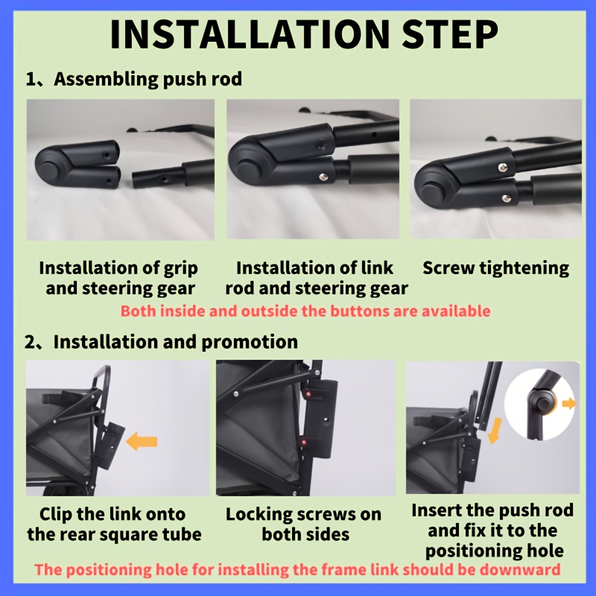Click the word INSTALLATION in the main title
tap(250, 34)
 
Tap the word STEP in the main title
tap(450, 34)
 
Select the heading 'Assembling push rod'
tap(148, 79)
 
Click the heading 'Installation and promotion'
tap(176, 342)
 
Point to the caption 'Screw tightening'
tap(496, 269)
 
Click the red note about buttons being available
tap(305, 311)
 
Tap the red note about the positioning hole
tap(297, 569)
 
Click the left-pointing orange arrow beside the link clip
tap(142, 441)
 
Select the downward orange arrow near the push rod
tap(494, 431)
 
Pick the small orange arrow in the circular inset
tap(569, 403)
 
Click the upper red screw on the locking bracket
tap(308, 394)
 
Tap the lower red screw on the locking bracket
tap(303, 443)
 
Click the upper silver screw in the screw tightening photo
tap(502, 166)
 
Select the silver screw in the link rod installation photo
tap(323, 176)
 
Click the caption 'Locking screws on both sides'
tap(304, 524)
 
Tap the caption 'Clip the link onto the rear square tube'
tap(114, 524)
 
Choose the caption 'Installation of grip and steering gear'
tap(119, 278)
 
